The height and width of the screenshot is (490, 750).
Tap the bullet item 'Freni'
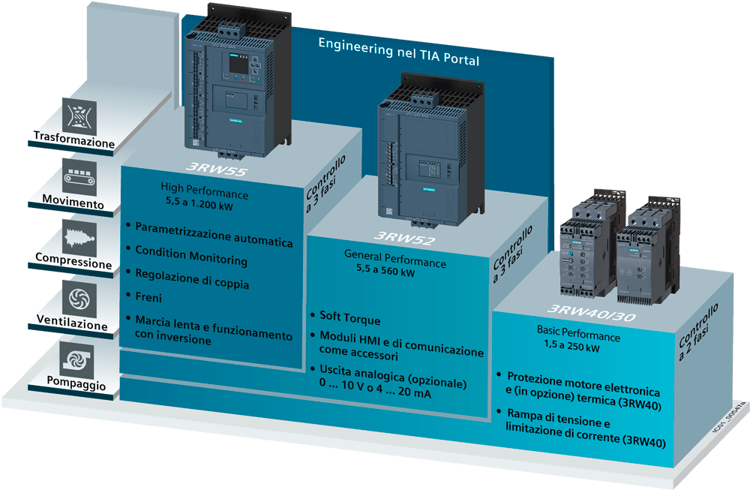coord(148,297)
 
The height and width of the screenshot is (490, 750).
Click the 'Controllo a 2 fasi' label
coord(698,334)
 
